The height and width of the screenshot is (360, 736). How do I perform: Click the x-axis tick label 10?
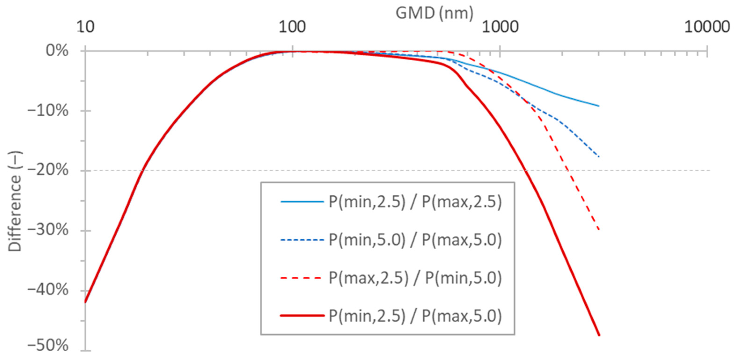[x=85, y=27]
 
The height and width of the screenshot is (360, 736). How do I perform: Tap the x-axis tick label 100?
[x=292, y=27]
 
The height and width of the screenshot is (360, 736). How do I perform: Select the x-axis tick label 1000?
[x=500, y=27]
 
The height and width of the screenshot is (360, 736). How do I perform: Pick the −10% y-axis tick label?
[x=48, y=111]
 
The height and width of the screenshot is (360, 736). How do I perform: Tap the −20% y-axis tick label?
[x=48, y=171]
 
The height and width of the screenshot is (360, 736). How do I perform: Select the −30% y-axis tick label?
[x=48, y=230]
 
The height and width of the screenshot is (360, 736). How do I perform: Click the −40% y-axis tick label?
[x=48, y=290]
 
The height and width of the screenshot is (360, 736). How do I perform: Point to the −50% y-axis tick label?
[x=48, y=346]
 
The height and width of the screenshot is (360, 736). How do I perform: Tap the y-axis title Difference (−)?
[x=15, y=202]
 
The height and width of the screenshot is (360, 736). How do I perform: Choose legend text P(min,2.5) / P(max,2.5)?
[x=415, y=202]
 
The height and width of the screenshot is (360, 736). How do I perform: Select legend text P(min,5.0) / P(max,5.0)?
[x=415, y=240]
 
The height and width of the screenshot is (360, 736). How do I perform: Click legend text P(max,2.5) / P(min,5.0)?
[x=415, y=278]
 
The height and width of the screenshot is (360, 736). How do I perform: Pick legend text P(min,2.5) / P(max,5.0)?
[x=415, y=316]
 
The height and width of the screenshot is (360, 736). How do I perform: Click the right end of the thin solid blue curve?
[x=599, y=106]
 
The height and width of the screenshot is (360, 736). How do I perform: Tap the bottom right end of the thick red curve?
[x=599, y=335]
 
